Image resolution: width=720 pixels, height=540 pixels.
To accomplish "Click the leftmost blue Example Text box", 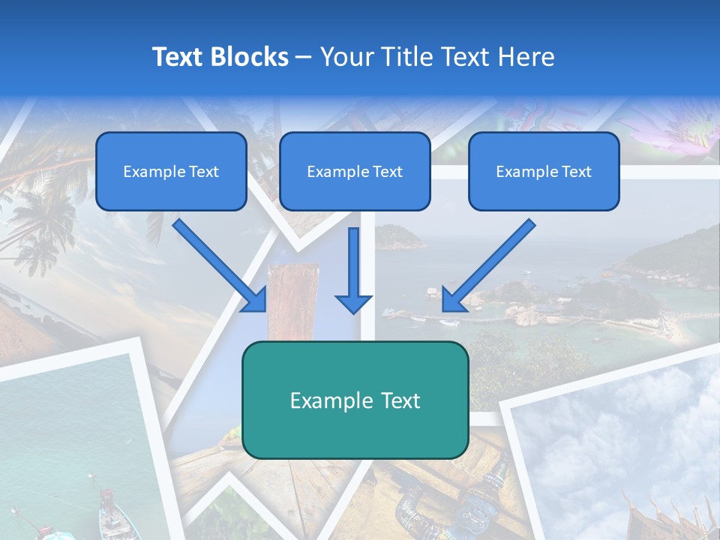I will click(x=171, y=172).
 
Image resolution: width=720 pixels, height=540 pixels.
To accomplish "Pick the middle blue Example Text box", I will click(x=355, y=172).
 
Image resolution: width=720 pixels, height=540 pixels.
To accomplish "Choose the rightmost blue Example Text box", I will click(x=544, y=172).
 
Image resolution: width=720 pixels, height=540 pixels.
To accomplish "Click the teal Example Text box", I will click(x=355, y=400).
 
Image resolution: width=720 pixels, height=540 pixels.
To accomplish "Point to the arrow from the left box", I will click(x=217, y=264).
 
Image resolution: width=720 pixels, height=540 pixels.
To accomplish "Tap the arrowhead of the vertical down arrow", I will click(x=353, y=303).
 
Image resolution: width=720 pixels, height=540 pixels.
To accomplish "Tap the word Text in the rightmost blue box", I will click(x=576, y=172).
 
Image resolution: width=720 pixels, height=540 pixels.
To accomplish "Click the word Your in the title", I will click(x=346, y=56).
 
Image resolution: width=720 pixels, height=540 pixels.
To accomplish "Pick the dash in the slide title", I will click(x=304, y=58).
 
